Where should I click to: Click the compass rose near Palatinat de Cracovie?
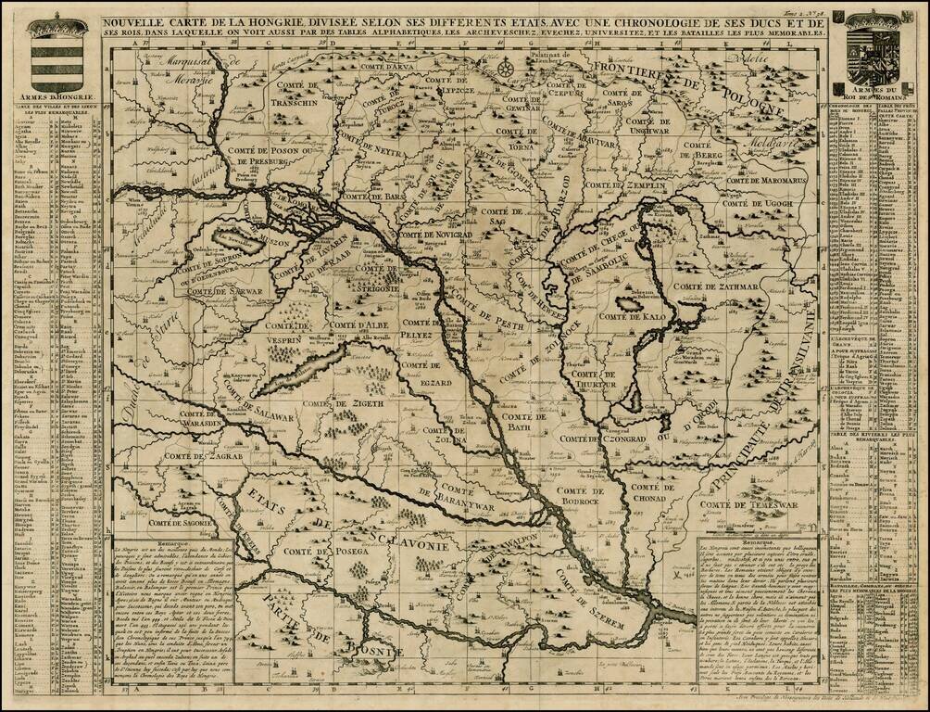[x=505, y=68]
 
